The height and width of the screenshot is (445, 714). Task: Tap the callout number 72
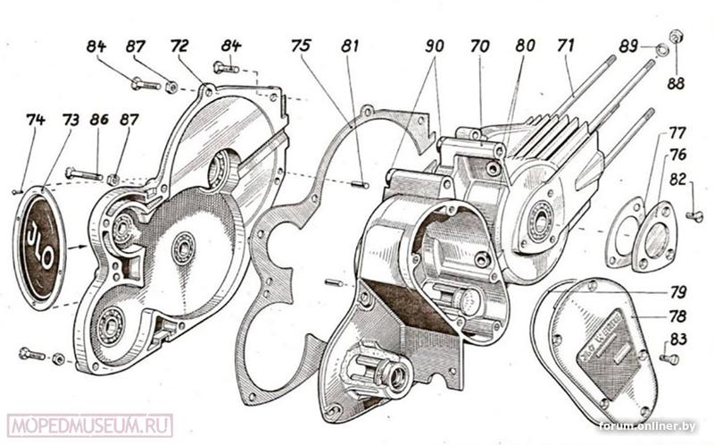180,46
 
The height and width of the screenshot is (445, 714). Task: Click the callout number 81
351,46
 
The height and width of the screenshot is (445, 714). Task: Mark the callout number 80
525,46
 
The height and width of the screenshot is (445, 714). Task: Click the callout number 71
564,46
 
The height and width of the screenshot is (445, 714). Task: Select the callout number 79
678,293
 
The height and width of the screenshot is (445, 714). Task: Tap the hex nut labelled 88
676,37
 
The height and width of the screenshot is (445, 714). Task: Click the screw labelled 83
668,358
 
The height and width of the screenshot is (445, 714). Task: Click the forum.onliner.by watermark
647,426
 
